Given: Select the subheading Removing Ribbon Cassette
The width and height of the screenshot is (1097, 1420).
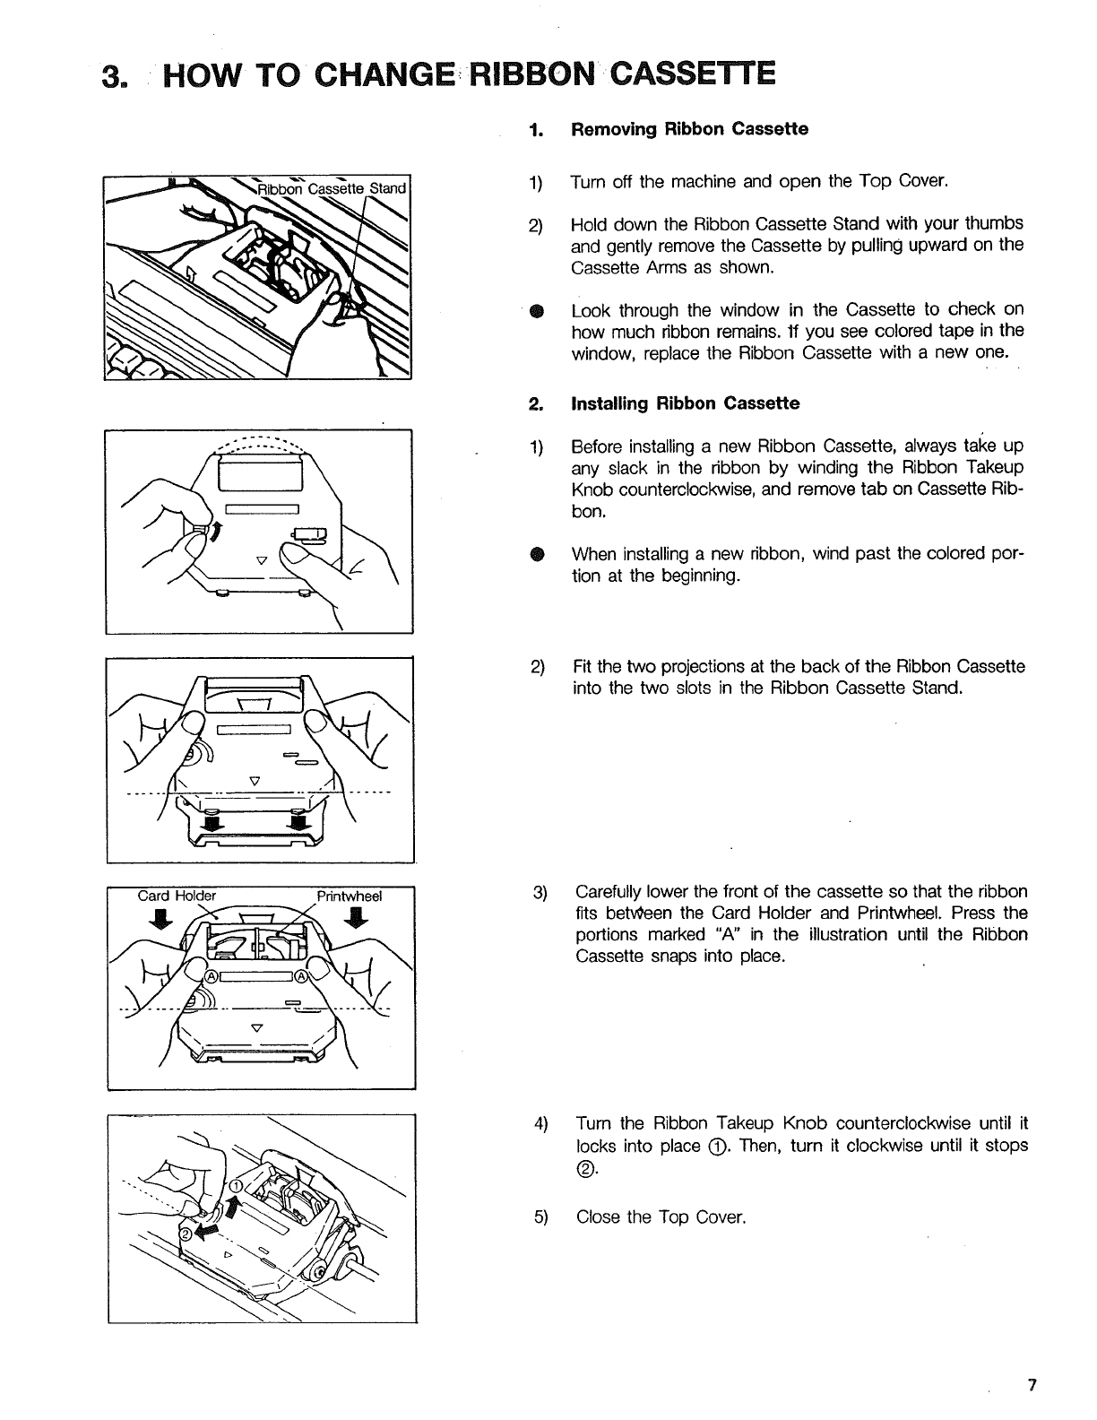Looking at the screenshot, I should tap(689, 129).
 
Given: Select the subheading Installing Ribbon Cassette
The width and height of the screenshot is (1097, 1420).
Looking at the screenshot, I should tap(686, 403).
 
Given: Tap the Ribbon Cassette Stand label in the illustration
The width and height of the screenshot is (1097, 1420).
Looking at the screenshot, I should tap(333, 188).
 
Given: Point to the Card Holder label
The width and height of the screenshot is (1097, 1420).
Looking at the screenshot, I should tap(177, 896).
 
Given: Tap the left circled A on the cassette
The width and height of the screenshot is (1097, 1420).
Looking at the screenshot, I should tap(212, 976).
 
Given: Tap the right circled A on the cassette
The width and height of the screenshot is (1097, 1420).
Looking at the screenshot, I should tap(302, 976).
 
